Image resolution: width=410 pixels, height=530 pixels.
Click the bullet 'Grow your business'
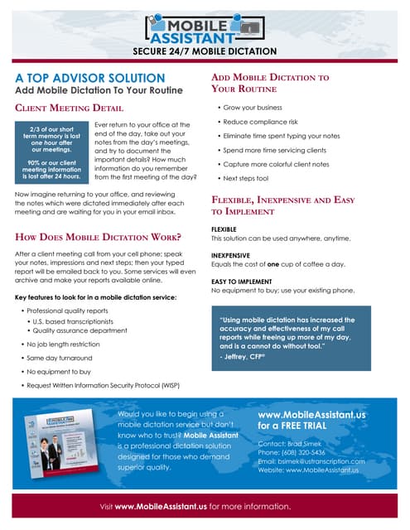click(253, 108)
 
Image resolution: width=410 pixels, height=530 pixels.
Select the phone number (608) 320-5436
click(309, 452)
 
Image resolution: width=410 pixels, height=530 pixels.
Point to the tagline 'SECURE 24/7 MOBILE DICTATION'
click(205, 52)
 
